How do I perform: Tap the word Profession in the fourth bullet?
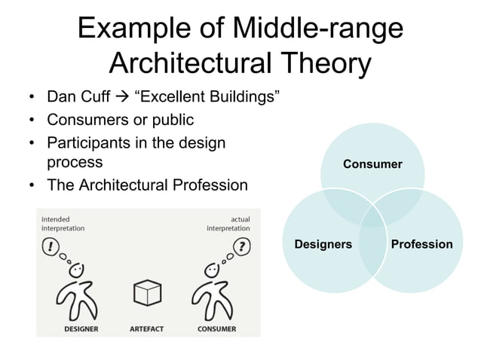(x=206, y=185)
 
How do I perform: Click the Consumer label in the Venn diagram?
(x=372, y=163)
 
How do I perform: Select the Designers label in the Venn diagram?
(x=323, y=244)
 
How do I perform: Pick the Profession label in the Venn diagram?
(x=422, y=244)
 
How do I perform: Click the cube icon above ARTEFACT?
(x=146, y=293)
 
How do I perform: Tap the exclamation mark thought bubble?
(x=52, y=246)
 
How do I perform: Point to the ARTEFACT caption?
(x=146, y=329)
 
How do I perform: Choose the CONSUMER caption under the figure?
(x=217, y=329)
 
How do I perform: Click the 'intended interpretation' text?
(x=63, y=223)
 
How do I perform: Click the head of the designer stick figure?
(x=76, y=270)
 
